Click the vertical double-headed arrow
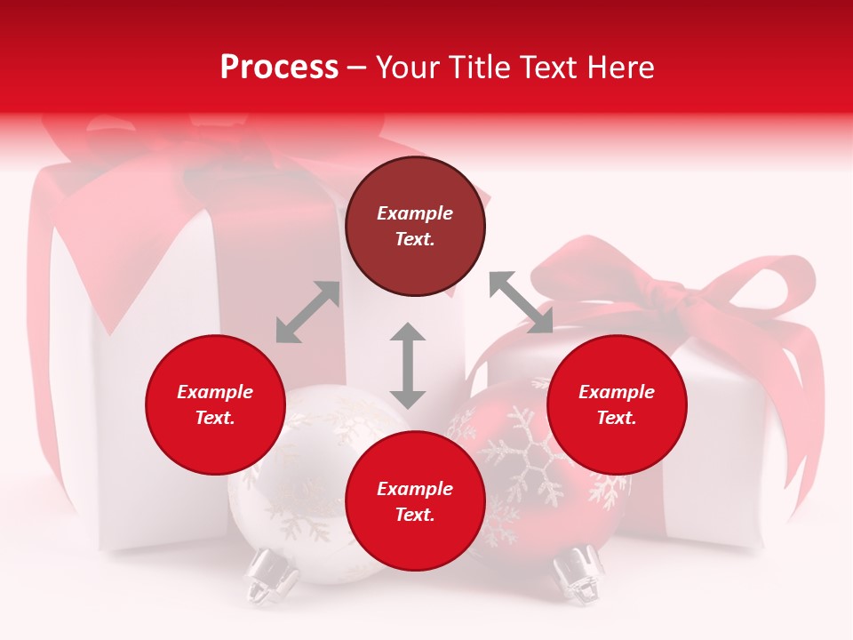tap(408, 365)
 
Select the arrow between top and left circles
tap(307, 312)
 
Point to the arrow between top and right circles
tap(521, 302)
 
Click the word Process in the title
tap(279, 67)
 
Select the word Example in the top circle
tap(415, 213)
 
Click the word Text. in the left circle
tap(215, 418)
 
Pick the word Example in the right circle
tap(617, 392)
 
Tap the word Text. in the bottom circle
tap(415, 515)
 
